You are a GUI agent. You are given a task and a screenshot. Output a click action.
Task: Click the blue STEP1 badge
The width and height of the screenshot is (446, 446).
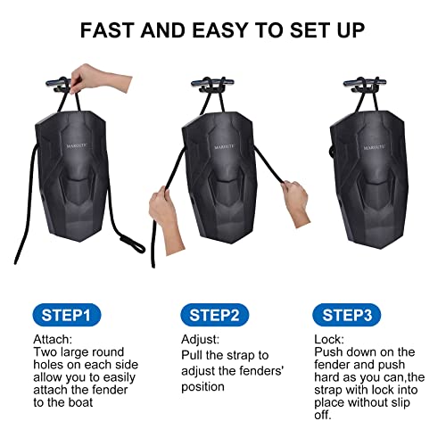tap(67, 315)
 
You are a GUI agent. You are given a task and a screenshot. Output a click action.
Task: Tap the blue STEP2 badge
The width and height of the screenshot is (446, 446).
tap(215, 315)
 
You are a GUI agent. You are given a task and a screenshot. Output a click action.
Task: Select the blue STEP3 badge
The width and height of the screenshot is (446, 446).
tap(347, 315)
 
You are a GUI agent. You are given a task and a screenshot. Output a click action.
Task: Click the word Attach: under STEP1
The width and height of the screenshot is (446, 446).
tap(53, 339)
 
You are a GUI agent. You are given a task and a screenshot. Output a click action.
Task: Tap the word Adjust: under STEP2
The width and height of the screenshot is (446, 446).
tap(200, 339)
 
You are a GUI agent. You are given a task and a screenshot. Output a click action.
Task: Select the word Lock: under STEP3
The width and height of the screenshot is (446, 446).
tap(329, 339)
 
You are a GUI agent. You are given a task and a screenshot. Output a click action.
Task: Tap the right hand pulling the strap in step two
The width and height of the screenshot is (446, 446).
tap(296, 202)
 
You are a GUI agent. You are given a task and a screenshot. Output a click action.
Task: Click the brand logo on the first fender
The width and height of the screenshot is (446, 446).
tap(77, 145)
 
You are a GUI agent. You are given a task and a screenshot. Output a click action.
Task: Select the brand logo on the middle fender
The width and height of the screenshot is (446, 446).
tap(224, 146)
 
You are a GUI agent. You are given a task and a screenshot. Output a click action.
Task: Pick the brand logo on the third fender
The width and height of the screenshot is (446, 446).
tap(375, 147)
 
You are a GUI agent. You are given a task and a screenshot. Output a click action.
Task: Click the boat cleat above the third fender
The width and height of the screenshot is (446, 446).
tap(365, 83)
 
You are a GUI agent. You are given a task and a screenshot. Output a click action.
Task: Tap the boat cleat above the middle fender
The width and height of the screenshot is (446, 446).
tap(212, 84)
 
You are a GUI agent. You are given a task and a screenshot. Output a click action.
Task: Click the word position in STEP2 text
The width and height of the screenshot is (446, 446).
tap(202, 387)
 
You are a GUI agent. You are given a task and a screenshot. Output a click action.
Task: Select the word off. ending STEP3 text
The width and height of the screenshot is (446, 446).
tap(323, 415)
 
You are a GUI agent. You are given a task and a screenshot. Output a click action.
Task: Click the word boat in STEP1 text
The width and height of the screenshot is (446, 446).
tap(80, 402)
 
